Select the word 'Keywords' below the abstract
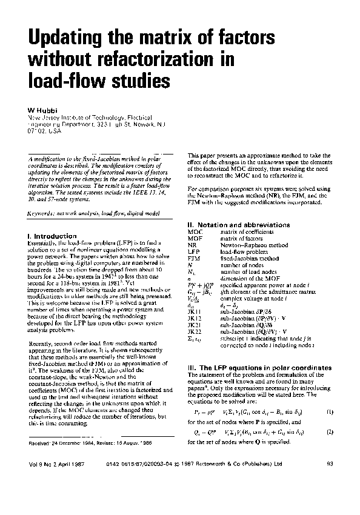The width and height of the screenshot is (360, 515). (41, 214)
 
